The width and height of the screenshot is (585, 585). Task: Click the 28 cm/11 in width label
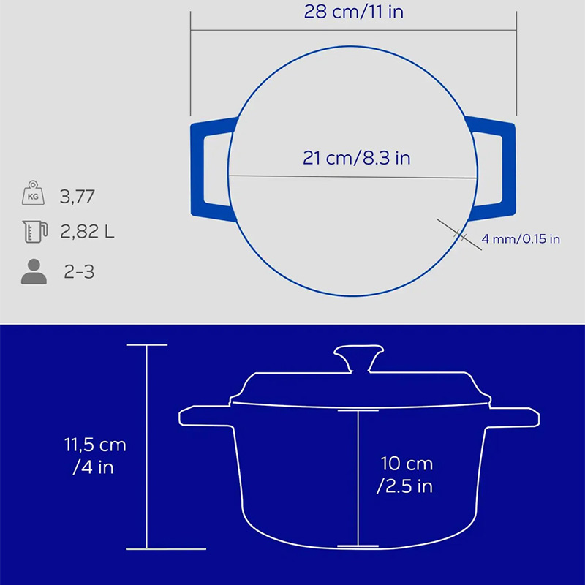pyautogui.click(x=354, y=12)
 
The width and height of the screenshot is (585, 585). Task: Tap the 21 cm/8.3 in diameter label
pyautogui.click(x=356, y=158)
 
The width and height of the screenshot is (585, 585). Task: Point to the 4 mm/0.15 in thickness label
pyautogui.click(x=521, y=239)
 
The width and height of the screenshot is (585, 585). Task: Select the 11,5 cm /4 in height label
pyautogui.click(x=95, y=456)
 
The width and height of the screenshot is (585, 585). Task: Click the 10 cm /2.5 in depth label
pyautogui.click(x=406, y=475)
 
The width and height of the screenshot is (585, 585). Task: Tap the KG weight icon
pyautogui.click(x=33, y=192)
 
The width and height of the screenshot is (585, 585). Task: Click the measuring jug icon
pyautogui.click(x=34, y=231)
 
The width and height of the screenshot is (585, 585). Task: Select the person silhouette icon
pyautogui.click(x=34, y=271)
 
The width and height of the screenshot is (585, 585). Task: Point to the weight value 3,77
pyautogui.click(x=78, y=197)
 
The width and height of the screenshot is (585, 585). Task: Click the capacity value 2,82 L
pyautogui.click(x=87, y=232)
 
